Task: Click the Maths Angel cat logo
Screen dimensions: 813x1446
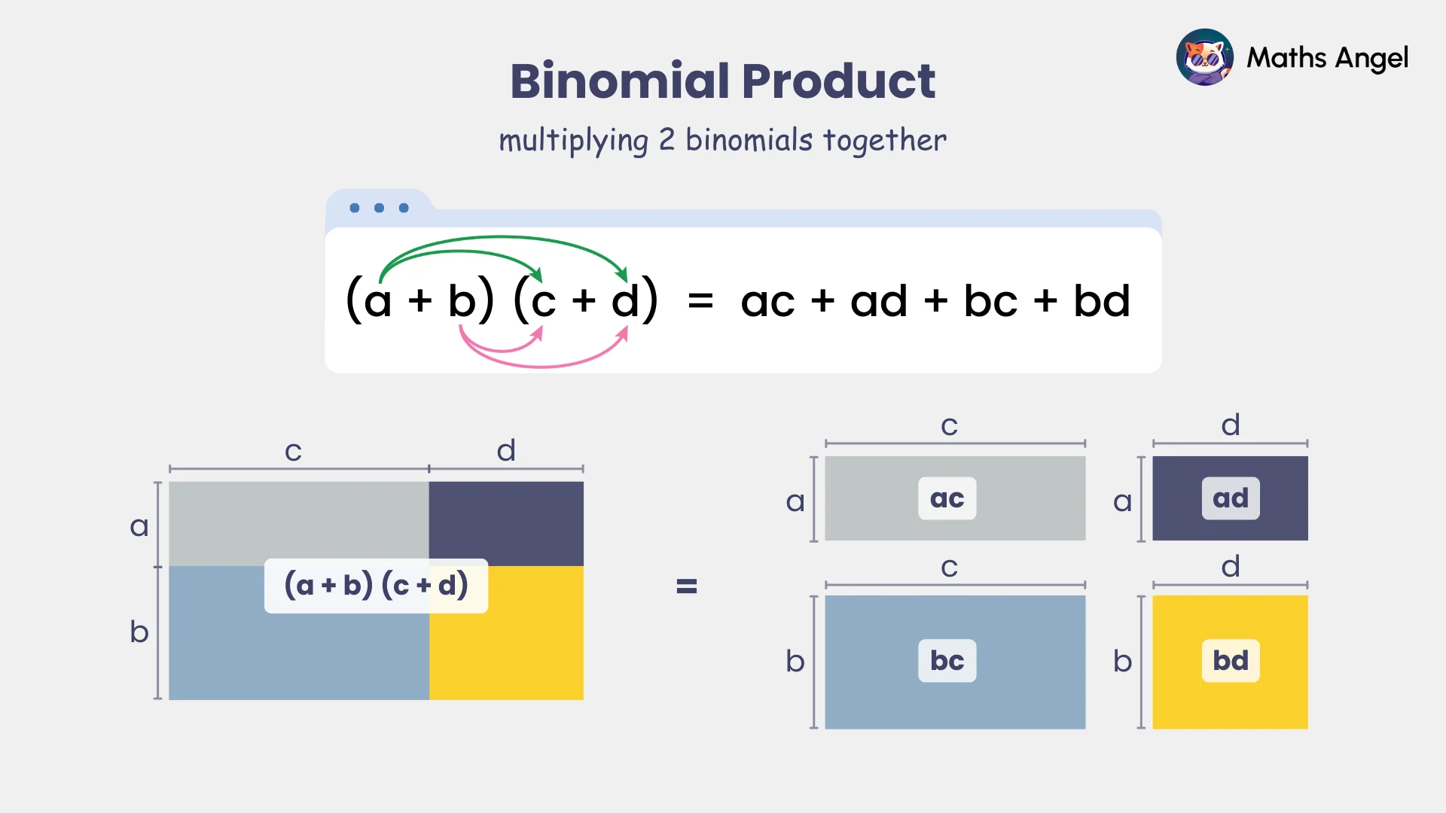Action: [1204, 57]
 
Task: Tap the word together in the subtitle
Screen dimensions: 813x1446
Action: [884, 140]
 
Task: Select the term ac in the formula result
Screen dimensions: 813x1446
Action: [767, 302]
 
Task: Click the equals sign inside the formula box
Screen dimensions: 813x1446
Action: [700, 302]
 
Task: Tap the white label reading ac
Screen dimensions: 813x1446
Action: [947, 498]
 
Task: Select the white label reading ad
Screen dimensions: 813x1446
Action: [1230, 498]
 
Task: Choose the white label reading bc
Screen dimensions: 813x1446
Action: [947, 661]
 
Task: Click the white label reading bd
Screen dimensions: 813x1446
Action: [1230, 661]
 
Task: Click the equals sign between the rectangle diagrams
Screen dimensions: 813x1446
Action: [686, 586]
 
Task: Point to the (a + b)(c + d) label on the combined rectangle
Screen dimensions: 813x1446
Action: [376, 586]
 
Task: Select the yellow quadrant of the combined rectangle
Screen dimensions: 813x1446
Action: [520, 655]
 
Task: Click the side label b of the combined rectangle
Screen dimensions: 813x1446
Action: [139, 632]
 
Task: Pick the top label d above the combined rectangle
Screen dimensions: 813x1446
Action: [506, 450]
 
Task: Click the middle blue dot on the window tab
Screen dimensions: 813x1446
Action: [379, 208]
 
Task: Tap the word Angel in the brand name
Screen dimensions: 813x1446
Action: [1371, 59]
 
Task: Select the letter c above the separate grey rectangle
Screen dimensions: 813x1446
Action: [949, 426]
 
